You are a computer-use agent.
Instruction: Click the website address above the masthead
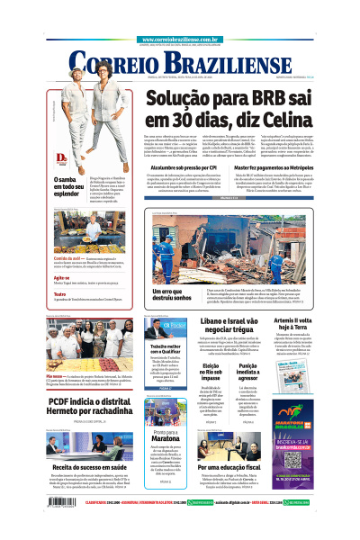(x=180, y=40)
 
